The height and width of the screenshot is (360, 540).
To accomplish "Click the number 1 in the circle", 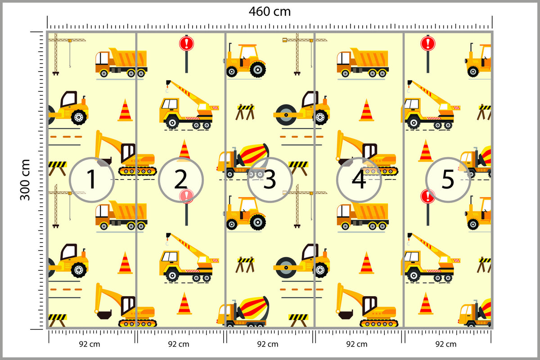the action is (x=92, y=180).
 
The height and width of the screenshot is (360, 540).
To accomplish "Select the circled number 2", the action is (x=181, y=180).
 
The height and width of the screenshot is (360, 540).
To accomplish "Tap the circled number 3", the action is (x=270, y=180).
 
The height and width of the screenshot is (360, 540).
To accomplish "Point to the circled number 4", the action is (x=359, y=180).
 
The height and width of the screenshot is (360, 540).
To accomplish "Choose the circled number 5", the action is (x=448, y=180).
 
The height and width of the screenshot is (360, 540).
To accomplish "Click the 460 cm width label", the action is (x=270, y=11).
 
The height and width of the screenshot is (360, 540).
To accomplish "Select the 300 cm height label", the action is (x=25, y=180).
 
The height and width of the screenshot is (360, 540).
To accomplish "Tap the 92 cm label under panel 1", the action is (x=90, y=344).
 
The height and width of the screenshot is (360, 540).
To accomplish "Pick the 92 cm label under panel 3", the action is (x=268, y=344).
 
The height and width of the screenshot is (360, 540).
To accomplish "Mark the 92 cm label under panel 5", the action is (x=446, y=344).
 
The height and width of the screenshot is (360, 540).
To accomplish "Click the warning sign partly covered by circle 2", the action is (x=186, y=207).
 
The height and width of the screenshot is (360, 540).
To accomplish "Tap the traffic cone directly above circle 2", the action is (x=184, y=150).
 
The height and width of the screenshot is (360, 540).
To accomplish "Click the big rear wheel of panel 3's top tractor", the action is (x=258, y=69).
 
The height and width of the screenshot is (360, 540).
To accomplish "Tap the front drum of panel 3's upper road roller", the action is (x=286, y=115).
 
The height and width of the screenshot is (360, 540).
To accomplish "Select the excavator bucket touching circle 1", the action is (x=104, y=161).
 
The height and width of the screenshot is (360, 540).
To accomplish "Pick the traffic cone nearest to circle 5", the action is (x=426, y=150).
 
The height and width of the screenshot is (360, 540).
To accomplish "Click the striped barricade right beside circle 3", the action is (x=298, y=168).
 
